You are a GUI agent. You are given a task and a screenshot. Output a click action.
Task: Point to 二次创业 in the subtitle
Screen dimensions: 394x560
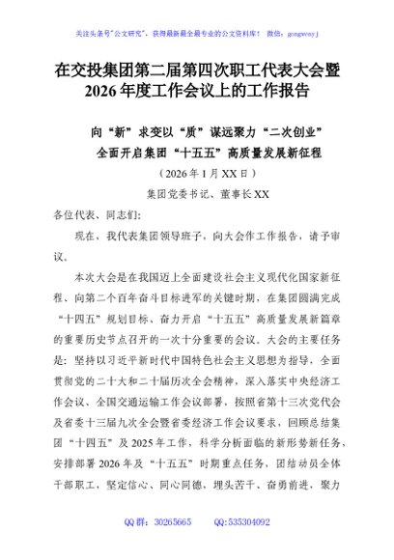pos(285,128)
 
